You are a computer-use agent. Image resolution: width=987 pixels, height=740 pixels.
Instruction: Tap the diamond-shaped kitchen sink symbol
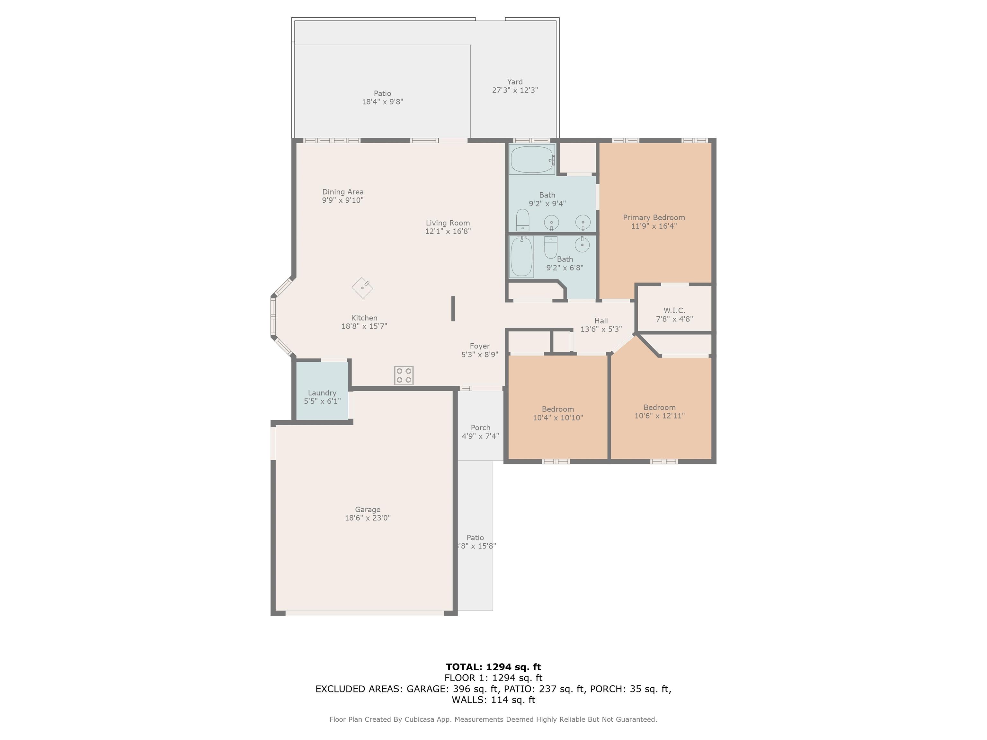click(362, 288)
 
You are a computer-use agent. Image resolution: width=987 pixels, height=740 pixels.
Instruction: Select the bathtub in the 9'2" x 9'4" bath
click(531, 159)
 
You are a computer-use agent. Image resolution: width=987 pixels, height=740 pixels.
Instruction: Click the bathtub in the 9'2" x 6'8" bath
click(521, 257)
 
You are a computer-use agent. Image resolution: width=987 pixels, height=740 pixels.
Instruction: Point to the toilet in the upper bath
click(522, 220)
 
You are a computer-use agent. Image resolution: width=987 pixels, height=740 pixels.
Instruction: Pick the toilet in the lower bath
click(551, 247)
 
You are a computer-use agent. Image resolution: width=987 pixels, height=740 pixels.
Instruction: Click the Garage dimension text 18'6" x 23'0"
click(368, 518)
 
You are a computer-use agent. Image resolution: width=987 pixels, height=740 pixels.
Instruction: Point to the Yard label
click(514, 82)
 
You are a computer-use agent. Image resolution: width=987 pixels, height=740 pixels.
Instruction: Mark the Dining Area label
click(343, 192)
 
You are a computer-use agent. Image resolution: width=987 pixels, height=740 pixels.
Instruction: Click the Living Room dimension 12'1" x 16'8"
click(448, 231)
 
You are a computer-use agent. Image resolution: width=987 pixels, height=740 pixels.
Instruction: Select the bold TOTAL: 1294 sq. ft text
click(493, 667)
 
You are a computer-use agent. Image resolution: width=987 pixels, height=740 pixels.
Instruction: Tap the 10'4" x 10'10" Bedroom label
click(558, 409)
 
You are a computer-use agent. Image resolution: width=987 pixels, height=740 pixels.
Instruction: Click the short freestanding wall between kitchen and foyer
click(453, 308)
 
